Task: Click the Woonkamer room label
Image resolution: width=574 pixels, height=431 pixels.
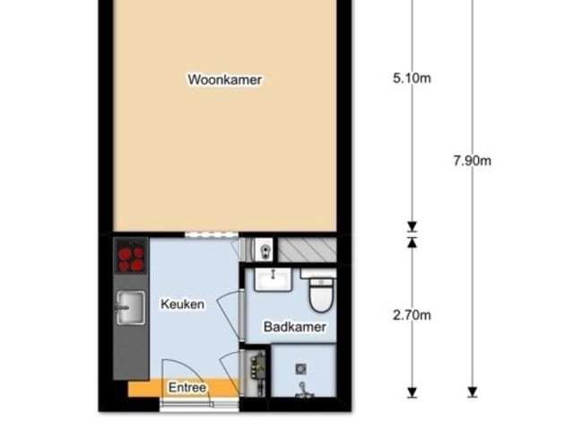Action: click(225, 80)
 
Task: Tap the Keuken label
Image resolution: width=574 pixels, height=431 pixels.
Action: click(182, 304)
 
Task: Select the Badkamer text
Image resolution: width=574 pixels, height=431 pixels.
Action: click(295, 327)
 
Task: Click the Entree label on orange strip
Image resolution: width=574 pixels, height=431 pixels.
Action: click(187, 387)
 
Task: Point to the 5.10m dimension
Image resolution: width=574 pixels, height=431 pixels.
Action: click(412, 78)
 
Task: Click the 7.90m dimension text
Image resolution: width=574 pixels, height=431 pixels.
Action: click(473, 161)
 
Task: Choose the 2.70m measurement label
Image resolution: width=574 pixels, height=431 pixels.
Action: click(412, 315)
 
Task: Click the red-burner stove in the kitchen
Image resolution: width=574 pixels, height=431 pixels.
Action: click(131, 256)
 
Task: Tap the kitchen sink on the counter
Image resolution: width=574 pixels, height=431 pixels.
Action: click(130, 308)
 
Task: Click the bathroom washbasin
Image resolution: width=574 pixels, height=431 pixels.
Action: click(273, 279)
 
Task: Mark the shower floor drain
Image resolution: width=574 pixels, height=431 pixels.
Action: click(301, 369)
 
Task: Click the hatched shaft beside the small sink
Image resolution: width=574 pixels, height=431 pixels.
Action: click(307, 250)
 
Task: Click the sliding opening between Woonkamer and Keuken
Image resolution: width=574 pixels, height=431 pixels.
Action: click(212, 234)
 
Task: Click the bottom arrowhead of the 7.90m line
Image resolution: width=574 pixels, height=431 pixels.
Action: click(473, 392)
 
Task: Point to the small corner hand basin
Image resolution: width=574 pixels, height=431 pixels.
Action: click(264, 250)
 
